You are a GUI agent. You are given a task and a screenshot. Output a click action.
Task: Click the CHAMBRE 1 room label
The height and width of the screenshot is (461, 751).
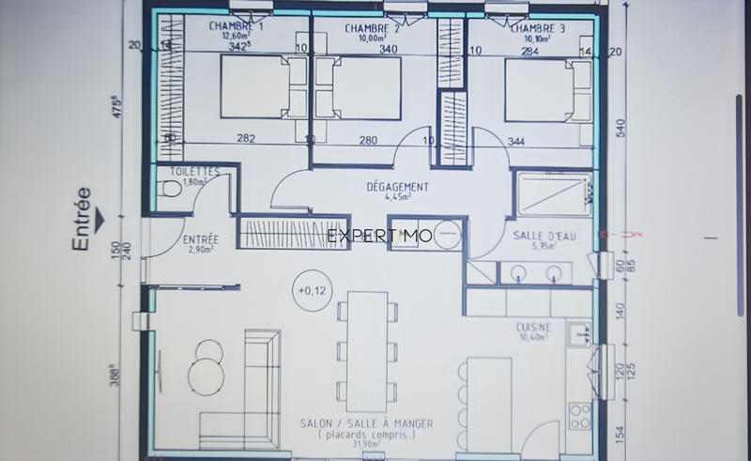236,26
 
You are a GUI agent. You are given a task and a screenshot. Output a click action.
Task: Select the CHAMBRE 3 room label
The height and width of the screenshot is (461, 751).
536,28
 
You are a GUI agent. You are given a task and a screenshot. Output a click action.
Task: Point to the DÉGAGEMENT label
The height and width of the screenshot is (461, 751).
397,187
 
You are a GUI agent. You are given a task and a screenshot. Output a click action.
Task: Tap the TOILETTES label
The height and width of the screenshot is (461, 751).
194,172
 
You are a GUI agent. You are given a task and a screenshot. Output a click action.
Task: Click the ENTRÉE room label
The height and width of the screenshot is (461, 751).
200,240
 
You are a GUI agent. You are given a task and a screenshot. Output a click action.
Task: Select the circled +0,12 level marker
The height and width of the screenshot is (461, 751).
310,289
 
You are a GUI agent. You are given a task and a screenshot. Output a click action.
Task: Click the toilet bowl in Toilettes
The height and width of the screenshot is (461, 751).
170,190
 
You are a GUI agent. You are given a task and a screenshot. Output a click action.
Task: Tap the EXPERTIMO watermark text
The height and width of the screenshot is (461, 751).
379,236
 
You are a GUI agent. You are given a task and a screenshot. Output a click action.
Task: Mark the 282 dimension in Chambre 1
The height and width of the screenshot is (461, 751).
246,139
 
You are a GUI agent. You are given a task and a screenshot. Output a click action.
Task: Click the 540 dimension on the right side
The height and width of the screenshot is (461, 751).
619,128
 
